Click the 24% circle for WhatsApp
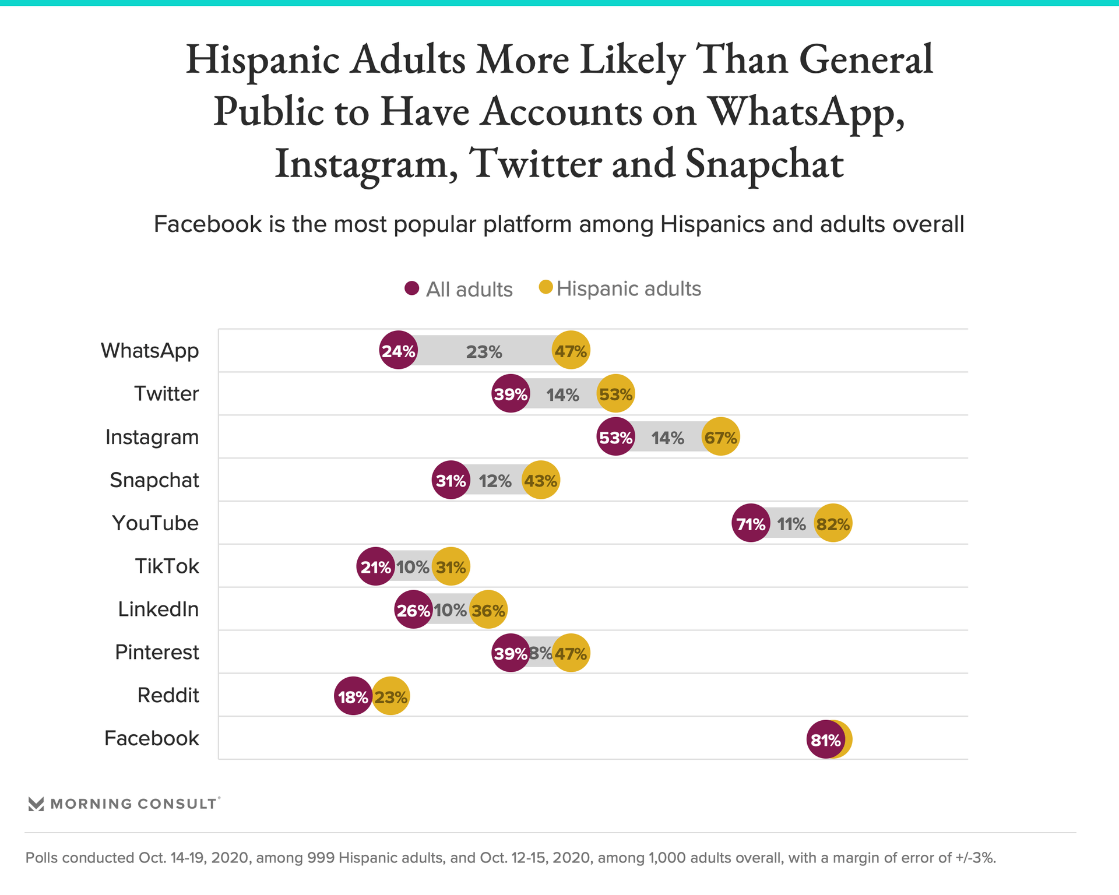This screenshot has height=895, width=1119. click(x=398, y=350)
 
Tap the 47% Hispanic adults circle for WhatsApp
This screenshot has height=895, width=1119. click(x=571, y=350)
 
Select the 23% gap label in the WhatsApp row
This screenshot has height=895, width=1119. click(x=484, y=352)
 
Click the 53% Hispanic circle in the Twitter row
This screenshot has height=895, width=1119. click(x=615, y=394)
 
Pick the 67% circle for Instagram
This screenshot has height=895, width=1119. click(x=720, y=437)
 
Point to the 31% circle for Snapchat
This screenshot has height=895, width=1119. click(x=451, y=480)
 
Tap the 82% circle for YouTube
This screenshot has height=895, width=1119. click(x=833, y=523)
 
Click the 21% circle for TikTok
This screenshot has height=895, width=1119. click(x=375, y=566)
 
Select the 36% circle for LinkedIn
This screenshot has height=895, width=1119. click(x=488, y=609)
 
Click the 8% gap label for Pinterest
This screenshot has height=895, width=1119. click(x=541, y=653)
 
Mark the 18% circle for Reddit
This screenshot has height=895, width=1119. click(x=353, y=696)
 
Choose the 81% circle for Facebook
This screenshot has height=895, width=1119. click(x=825, y=739)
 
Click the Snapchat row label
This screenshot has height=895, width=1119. click(x=154, y=480)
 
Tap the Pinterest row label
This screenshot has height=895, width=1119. click(x=157, y=652)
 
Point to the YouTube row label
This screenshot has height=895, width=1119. click(x=155, y=523)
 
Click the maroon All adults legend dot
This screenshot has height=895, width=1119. click(x=412, y=288)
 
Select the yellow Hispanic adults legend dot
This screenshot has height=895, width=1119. click(x=546, y=287)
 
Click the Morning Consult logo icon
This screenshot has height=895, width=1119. click(x=36, y=804)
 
